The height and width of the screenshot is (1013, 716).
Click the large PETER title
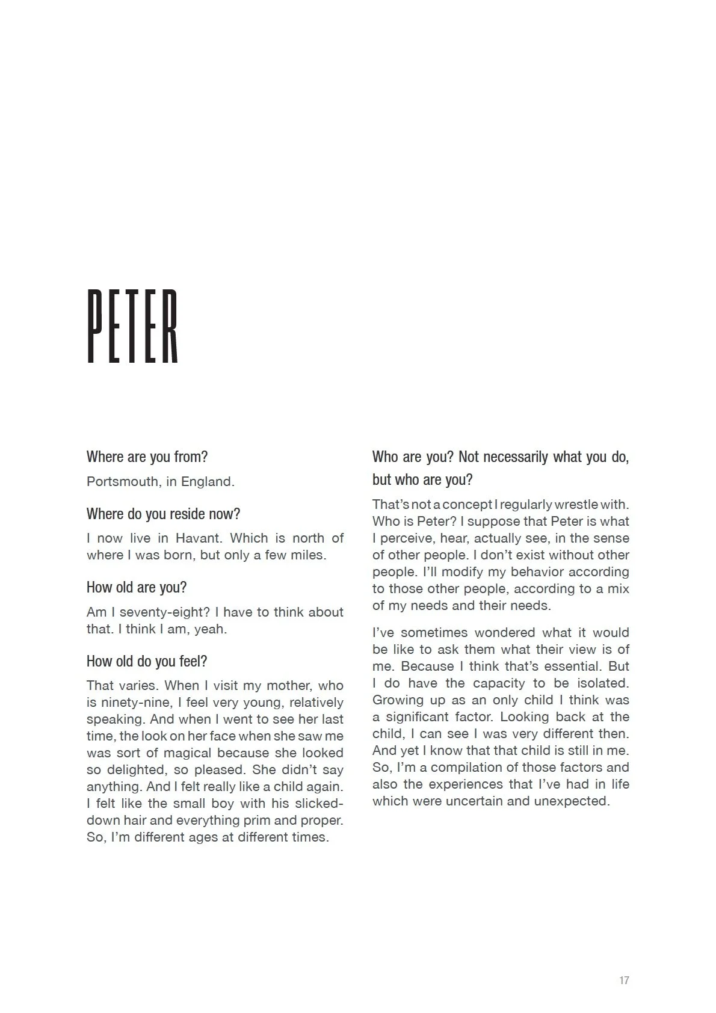coord(133,326)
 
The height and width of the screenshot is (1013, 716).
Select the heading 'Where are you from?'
coord(147,457)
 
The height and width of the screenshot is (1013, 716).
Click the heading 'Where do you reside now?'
coord(163,514)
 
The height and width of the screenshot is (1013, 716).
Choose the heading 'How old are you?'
coord(137,588)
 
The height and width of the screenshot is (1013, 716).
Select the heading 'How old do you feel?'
coord(147,662)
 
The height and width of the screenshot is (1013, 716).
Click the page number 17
coord(623,981)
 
